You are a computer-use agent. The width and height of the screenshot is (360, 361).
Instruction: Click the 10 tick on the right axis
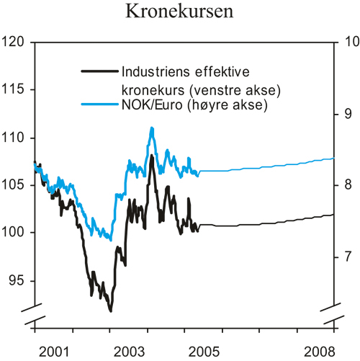[x=347, y=43]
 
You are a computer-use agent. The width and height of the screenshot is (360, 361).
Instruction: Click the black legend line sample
[x=99, y=71]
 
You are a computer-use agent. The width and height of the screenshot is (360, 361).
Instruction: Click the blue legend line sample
[x=99, y=106]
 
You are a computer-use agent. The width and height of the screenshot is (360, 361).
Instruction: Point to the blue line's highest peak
[x=152, y=128]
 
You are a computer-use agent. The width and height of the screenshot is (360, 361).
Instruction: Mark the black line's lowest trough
[x=110, y=311]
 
